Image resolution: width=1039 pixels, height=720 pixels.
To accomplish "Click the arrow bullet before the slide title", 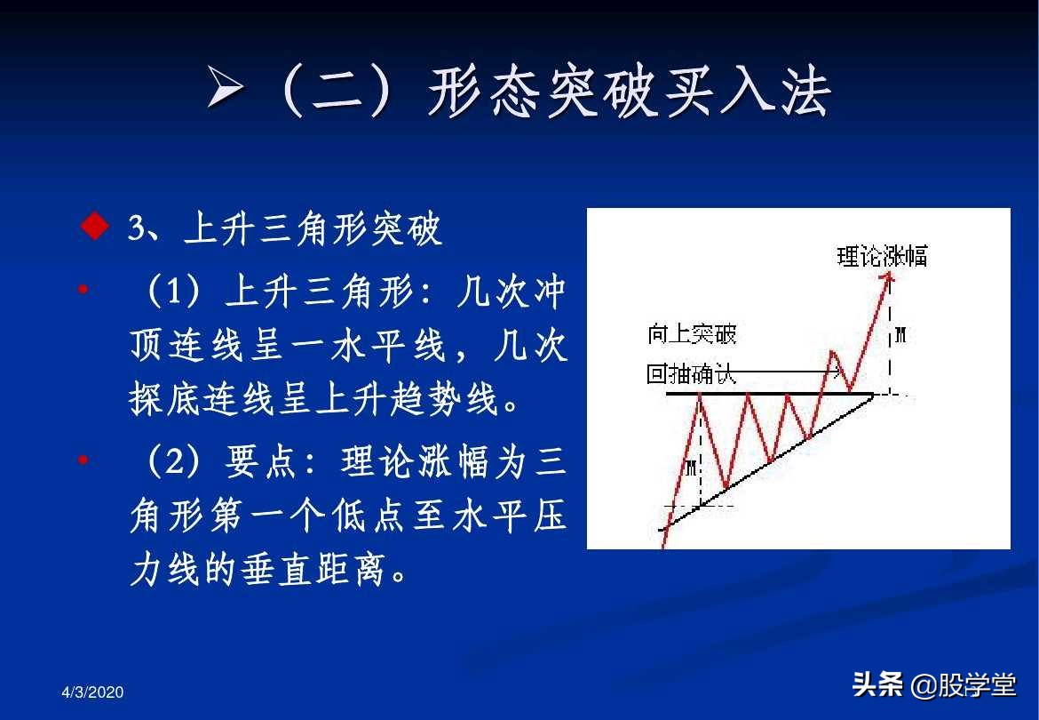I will (226, 90).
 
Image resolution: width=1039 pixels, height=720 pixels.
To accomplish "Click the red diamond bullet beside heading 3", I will (94, 228).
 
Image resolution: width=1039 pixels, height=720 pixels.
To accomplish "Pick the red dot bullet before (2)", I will (83, 460).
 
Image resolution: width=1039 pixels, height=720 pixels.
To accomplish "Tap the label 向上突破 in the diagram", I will (692, 334).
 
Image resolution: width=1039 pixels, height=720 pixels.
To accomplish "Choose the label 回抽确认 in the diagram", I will (692, 374).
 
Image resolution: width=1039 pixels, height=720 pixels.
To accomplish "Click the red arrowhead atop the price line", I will (887, 277).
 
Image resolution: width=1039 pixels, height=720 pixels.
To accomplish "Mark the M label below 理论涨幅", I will (900, 334).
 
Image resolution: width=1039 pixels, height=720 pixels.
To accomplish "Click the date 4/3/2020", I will (93, 692).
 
